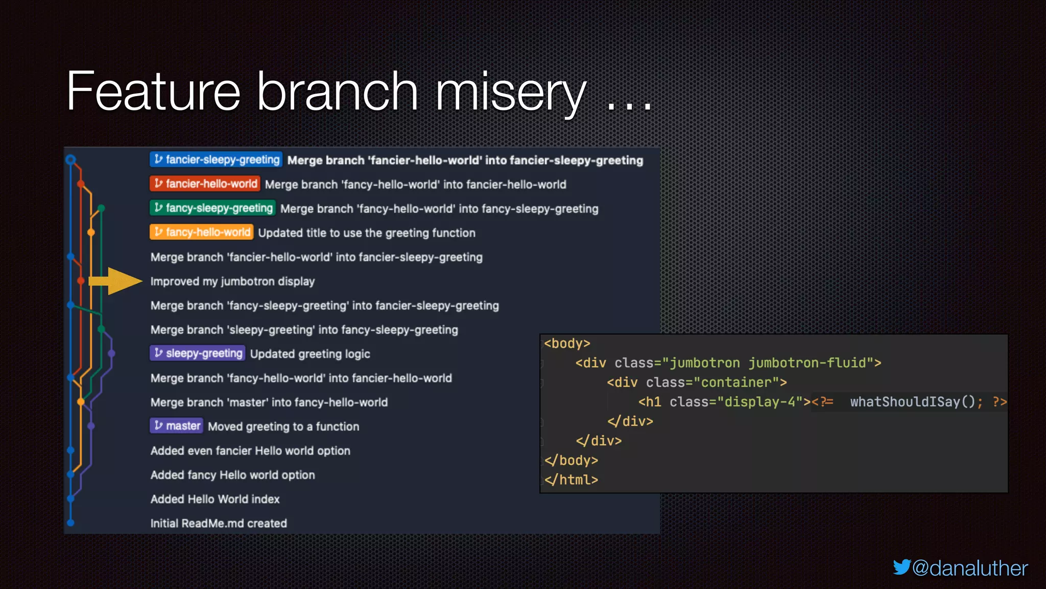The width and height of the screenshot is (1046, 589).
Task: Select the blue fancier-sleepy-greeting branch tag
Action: point(216,160)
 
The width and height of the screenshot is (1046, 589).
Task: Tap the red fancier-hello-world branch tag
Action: point(205,184)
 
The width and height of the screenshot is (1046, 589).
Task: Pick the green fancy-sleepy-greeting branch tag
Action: point(212,208)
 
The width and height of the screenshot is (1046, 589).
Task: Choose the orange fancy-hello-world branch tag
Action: point(201,232)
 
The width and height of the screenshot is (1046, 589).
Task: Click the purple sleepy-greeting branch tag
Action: point(198,353)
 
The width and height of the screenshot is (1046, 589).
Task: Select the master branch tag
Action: point(177,426)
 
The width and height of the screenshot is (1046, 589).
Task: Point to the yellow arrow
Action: point(116,281)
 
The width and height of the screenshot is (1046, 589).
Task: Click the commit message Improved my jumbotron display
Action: point(232,281)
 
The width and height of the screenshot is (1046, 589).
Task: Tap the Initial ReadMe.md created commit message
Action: point(219,523)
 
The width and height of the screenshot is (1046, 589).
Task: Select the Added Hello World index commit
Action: point(215,499)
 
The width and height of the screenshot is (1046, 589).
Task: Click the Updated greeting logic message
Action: point(310,354)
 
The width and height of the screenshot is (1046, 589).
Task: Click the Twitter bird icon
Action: point(901,567)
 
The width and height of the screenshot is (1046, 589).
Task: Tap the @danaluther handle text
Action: point(970,568)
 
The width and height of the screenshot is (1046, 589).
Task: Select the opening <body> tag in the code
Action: point(567,344)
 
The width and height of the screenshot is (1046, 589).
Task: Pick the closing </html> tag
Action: point(571,480)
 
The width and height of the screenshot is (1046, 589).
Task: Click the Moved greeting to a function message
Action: point(283,426)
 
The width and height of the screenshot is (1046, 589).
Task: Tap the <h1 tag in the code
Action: point(650,402)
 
